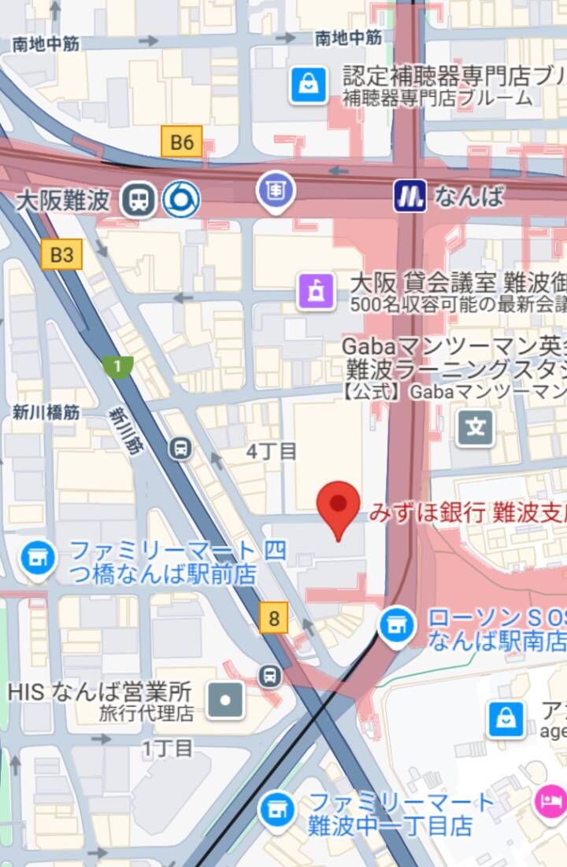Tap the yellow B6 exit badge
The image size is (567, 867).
182,142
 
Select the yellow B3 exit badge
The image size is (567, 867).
61,255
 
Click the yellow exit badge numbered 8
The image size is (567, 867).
274,618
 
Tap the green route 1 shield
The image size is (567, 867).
117,366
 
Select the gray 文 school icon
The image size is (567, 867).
476,428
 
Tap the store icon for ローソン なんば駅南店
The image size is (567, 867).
397,626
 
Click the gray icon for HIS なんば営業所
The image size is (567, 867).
225,699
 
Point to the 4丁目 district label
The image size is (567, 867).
272,452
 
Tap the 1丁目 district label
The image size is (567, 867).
167,747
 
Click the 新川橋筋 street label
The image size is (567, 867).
46,411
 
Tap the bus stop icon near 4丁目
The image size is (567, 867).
181,448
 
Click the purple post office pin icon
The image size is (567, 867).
275,190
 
